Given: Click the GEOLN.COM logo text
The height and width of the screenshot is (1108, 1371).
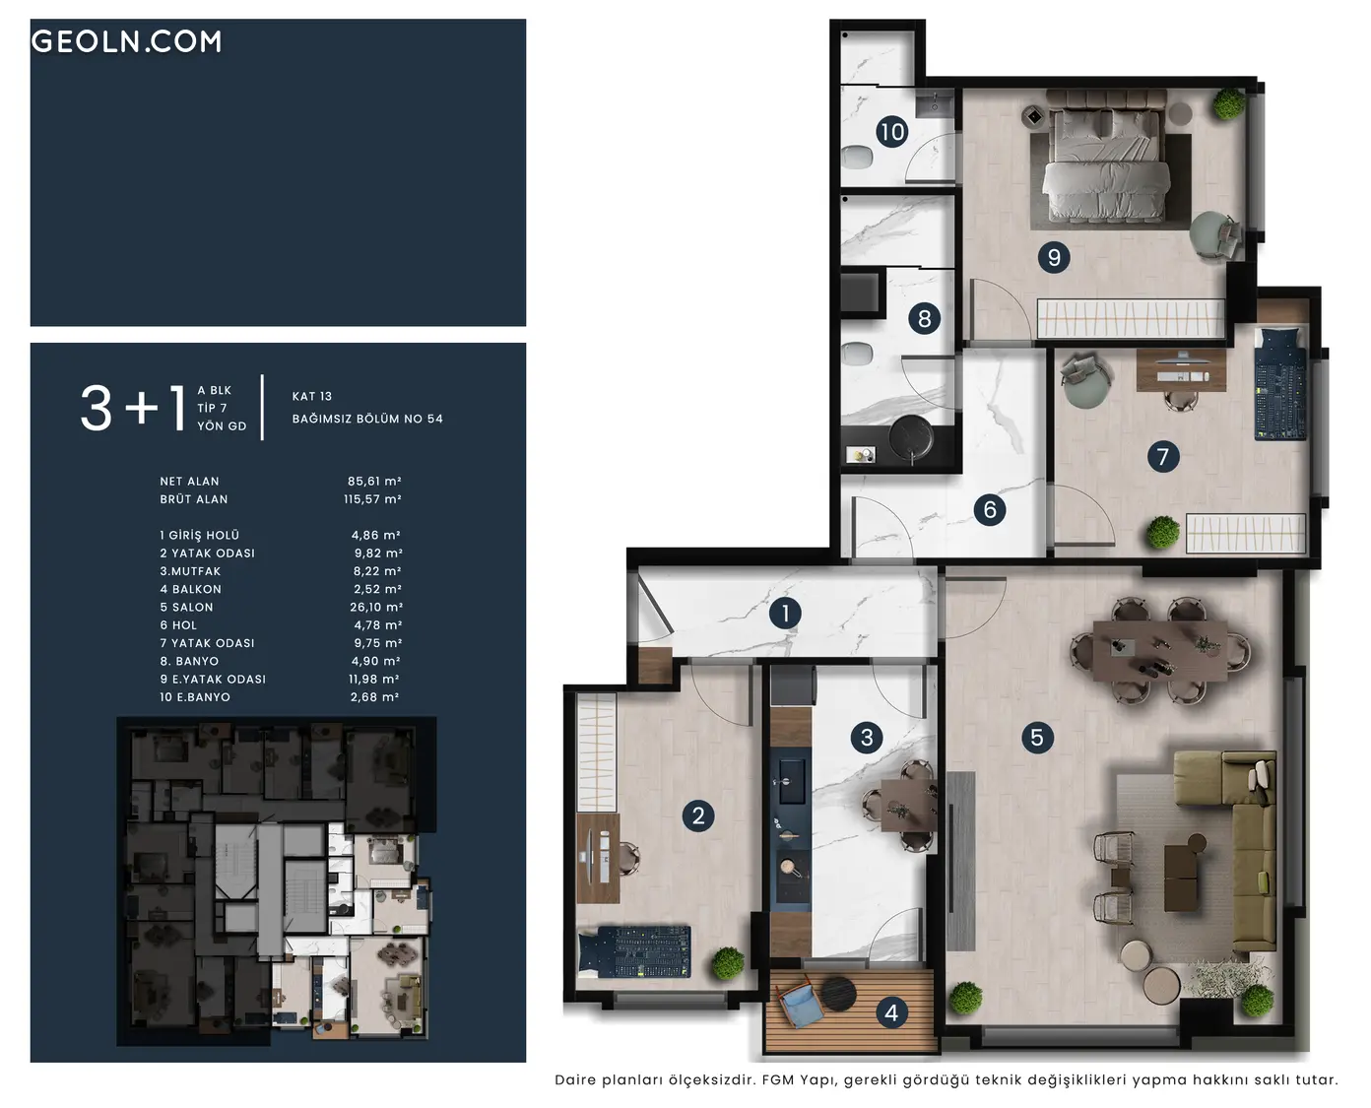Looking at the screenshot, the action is click(127, 41).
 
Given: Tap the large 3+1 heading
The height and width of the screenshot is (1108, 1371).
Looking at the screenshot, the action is click(133, 409).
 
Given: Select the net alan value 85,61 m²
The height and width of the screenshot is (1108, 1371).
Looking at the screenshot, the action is click(374, 482).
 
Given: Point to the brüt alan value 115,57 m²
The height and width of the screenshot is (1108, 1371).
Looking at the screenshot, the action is click(372, 499).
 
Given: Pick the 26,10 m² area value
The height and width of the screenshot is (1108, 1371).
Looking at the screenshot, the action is click(376, 608).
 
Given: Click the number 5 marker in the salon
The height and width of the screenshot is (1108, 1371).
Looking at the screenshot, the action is click(1037, 738).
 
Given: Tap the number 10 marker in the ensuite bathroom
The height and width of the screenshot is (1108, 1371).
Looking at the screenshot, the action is click(892, 132).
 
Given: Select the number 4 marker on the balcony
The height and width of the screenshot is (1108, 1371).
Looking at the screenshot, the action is click(891, 1013).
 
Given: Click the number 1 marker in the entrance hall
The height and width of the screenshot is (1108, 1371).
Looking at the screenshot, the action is click(785, 614).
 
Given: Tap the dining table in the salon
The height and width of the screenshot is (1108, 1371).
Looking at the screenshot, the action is click(1160, 650).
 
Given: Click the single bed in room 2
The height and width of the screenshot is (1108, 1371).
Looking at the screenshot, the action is click(634, 951).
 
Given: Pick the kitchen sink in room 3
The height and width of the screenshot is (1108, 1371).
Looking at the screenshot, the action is click(791, 781).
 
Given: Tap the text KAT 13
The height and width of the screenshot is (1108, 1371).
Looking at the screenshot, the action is click(312, 396).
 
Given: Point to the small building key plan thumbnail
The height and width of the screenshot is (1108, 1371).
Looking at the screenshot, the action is click(277, 880).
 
